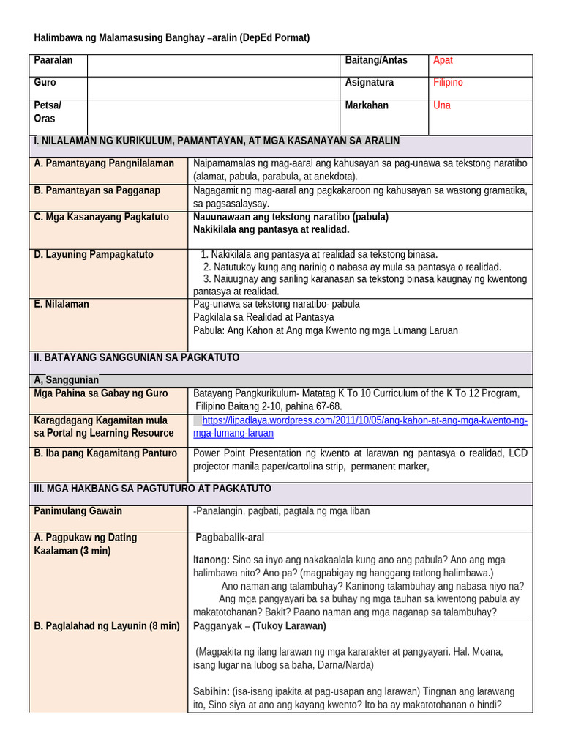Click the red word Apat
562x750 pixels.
click(x=443, y=61)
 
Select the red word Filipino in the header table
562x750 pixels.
click(x=448, y=83)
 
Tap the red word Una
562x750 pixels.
click(x=442, y=105)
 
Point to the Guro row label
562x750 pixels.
click(x=45, y=83)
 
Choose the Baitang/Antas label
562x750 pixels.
click(x=376, y=61)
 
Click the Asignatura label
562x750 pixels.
click(x=370, y=83)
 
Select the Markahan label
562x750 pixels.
click(x=367, y=105)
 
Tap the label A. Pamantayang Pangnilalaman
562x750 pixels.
click(x=104, y=163)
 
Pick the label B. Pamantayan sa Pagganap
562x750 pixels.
click(x=97, y=190)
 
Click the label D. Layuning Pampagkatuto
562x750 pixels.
click(x=94, y=255)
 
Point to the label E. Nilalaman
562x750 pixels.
click(x=61, y=304)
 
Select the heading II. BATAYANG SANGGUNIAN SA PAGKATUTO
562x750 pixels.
click(x=136, y=358)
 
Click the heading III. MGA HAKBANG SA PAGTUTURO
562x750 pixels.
click(x=152, y=489)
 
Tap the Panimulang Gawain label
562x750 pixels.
click(x=78, y=511)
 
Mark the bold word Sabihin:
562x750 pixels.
click(x=211, y=691)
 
